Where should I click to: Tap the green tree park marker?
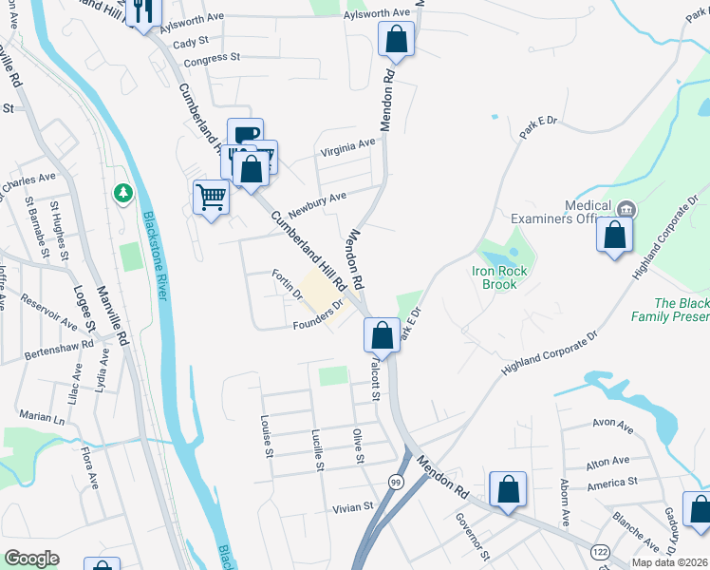tap(122, 194)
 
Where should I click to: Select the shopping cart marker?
tap(211, 198)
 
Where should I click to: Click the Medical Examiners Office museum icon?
tap(626, 209)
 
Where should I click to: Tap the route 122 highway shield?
tap(600, 551)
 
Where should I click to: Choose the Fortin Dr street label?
tap(287, 284)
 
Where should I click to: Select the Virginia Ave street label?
tap(347, 148)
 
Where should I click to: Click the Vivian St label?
tap(352, 508)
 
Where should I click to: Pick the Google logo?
tap(32, 558)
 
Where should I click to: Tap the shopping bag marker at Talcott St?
tap(382, 334)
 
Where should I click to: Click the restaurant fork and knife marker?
tap(142, 11)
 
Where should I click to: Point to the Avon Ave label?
tap(611, 427)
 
